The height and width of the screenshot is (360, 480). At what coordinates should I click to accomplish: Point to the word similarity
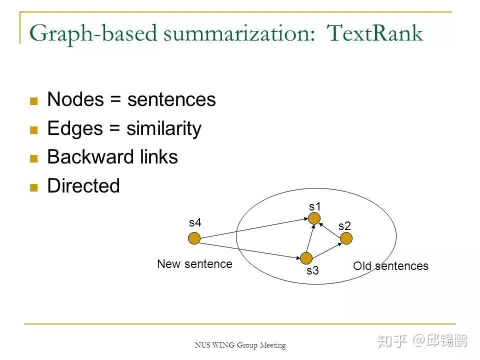pyautogui.click(x=163, y=128)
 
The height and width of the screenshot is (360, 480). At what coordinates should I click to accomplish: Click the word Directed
pyautogui.click(x=83, y=186)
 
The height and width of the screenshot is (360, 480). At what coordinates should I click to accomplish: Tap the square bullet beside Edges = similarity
pyautogui.click(x=34, y=130)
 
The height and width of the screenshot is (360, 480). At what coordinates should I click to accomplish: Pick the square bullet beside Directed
pyautogui.click(x=34, y=187)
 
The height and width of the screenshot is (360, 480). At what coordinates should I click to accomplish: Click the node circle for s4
pyautogui.click(x=194, y=238)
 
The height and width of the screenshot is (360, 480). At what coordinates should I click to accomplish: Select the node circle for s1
pyautogui.click(x=314, y=218)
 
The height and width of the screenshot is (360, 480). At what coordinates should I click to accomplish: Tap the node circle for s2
pyautogui.click(x=346, y=238)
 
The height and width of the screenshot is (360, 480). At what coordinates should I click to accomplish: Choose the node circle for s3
pyautogui.click(x=306, y=258)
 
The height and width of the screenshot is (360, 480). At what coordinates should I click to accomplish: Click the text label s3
pyautogui.click(x=312, y=271)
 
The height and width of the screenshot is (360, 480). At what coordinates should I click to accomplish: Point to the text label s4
pyautogui.click(x=195, y=223)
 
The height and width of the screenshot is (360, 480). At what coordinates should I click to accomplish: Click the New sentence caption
pyautogui.click(x=194, y=264)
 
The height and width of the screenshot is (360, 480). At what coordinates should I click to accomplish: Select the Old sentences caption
pyautogui.click(x=390, y=266)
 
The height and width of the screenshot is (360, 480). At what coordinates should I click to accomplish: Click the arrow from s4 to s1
pyautogui.click(x=252, y=228)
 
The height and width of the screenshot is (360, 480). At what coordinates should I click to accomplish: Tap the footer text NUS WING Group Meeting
pyautogui.click(x=240, y=345)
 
